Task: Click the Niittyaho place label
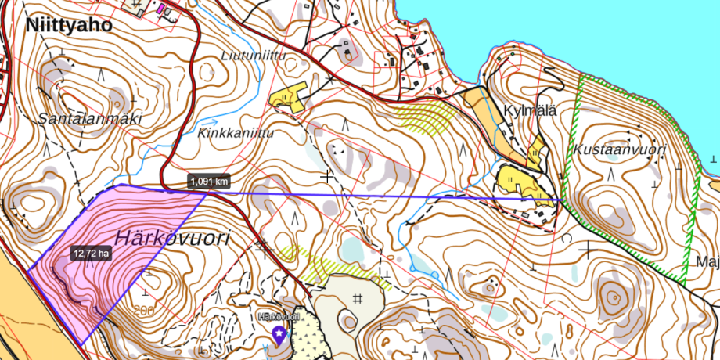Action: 69,25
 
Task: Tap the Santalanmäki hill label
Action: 91,119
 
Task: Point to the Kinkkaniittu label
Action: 237,134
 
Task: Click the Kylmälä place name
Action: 531,110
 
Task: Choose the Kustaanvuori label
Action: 619,149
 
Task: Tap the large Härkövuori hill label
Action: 173,238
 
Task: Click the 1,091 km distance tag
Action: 209,182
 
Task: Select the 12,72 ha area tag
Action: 91,254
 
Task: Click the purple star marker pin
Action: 279,335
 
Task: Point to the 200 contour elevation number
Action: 145,311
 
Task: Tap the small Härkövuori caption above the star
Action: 279,317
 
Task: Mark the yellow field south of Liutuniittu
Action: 286,96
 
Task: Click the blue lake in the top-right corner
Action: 626,31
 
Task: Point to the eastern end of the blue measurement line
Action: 560,200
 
